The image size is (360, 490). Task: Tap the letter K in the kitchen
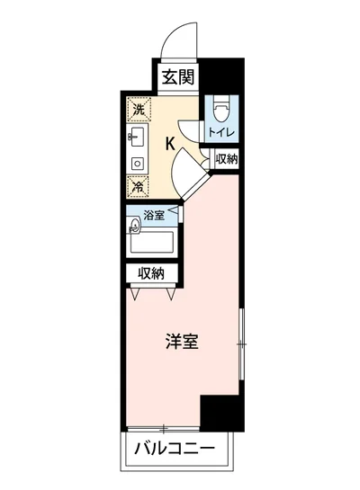coord(169,142)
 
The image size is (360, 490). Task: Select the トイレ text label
coord(222,132)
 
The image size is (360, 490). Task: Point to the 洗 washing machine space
coord(139,109)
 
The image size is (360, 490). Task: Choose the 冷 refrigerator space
coord(139,187)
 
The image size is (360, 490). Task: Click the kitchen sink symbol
coord(138,138)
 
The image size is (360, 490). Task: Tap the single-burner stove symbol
coord(137,164)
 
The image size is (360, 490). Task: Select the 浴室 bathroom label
coord(154,215)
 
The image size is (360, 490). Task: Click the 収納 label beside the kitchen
coord(227,159)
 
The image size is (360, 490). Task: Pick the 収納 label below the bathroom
coord(150,273)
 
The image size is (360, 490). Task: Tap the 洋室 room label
coord(182,342)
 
